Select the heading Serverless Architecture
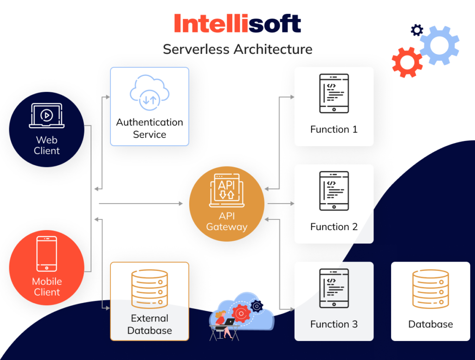tap(237, 49)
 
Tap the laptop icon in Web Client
tap(47, 116)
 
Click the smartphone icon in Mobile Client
tap(47, 254)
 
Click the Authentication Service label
tap(149, 129)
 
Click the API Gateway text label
tap(226, 222)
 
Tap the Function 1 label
tap(334, 129)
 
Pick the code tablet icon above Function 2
tap(334, 191)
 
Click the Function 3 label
tap(334, 324)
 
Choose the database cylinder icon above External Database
tap(149, 289)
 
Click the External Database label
tap(149, 324)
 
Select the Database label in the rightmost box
tap(430, 324)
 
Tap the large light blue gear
tap(439, 45)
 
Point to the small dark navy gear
tap(417, 31)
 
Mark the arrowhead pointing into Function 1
tap(292, 97)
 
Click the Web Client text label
tap(47, 145)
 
